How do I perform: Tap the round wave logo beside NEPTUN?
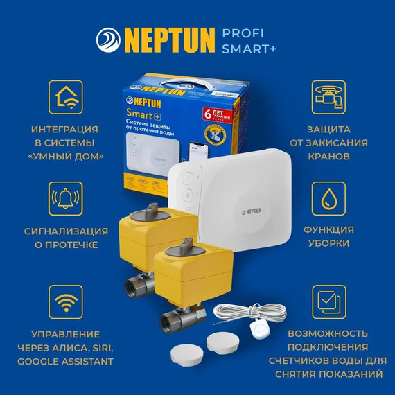click(110, 39)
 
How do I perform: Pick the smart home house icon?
click(66, 97)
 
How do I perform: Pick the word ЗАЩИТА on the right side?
click(329, 129)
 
